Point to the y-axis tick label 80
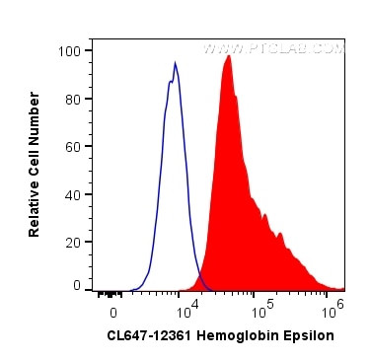[x=74, y=99]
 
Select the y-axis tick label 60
[x=74, y=145]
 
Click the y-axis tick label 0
[x=77, y=285]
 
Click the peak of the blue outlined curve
[x=175, y=64]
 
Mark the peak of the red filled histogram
[x=228, y=56]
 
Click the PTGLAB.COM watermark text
[x=273, y=47]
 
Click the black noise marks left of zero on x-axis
[x=107, y=292]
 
